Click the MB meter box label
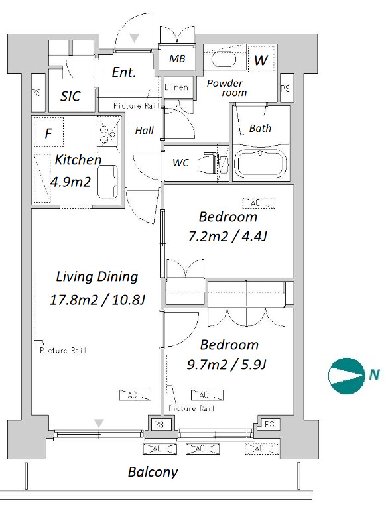click(178, 59)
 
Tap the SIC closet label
click(70, 96)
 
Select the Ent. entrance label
click(124, 72)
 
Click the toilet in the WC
click(216, 162)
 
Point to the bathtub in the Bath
click(261, 164)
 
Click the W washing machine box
click(261, 59)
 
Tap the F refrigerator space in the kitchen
click(49, 133)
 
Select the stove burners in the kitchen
click(107, 135)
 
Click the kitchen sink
click(107, 181)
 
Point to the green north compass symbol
click(346, 375)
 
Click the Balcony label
click(153, 472)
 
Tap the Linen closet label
click(176, 87)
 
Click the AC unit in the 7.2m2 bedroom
click(259, 203)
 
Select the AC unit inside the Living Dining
click(135, 395)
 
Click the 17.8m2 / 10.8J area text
click(97, 300)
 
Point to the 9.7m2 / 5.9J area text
click(227, 365)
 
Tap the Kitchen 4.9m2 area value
click(70, 182)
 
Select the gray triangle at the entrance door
click(134, 38)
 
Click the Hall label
click(145, 131)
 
